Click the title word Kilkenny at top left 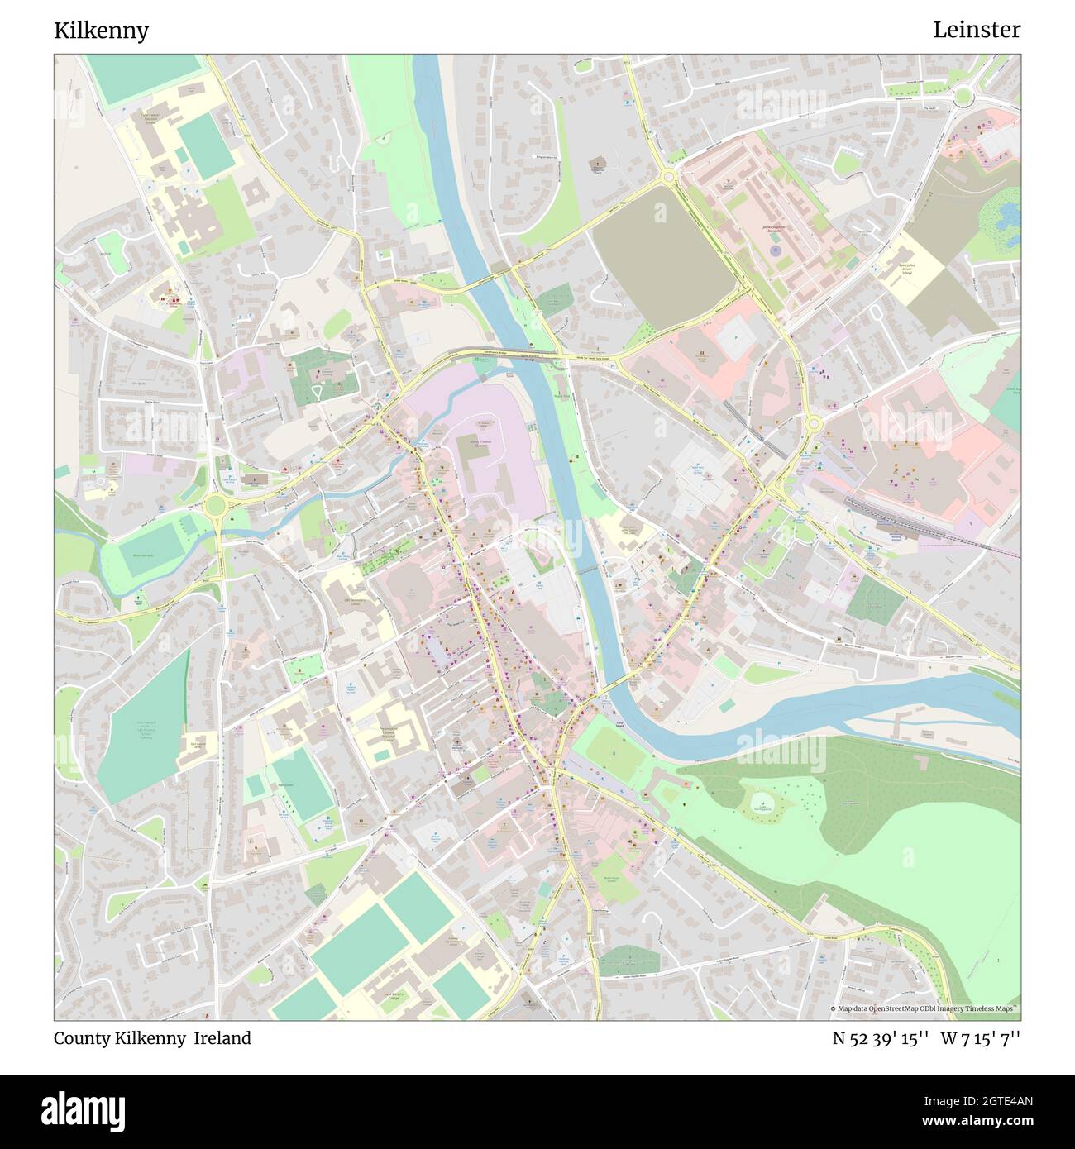pyautogui.click(x=101, y=31)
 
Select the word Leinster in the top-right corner pyautogui.click(x=977, y=30)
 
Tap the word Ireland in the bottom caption pyautogui.click(x=222, y=1038)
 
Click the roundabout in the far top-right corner pyautogui.click(x=963, y=98)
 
